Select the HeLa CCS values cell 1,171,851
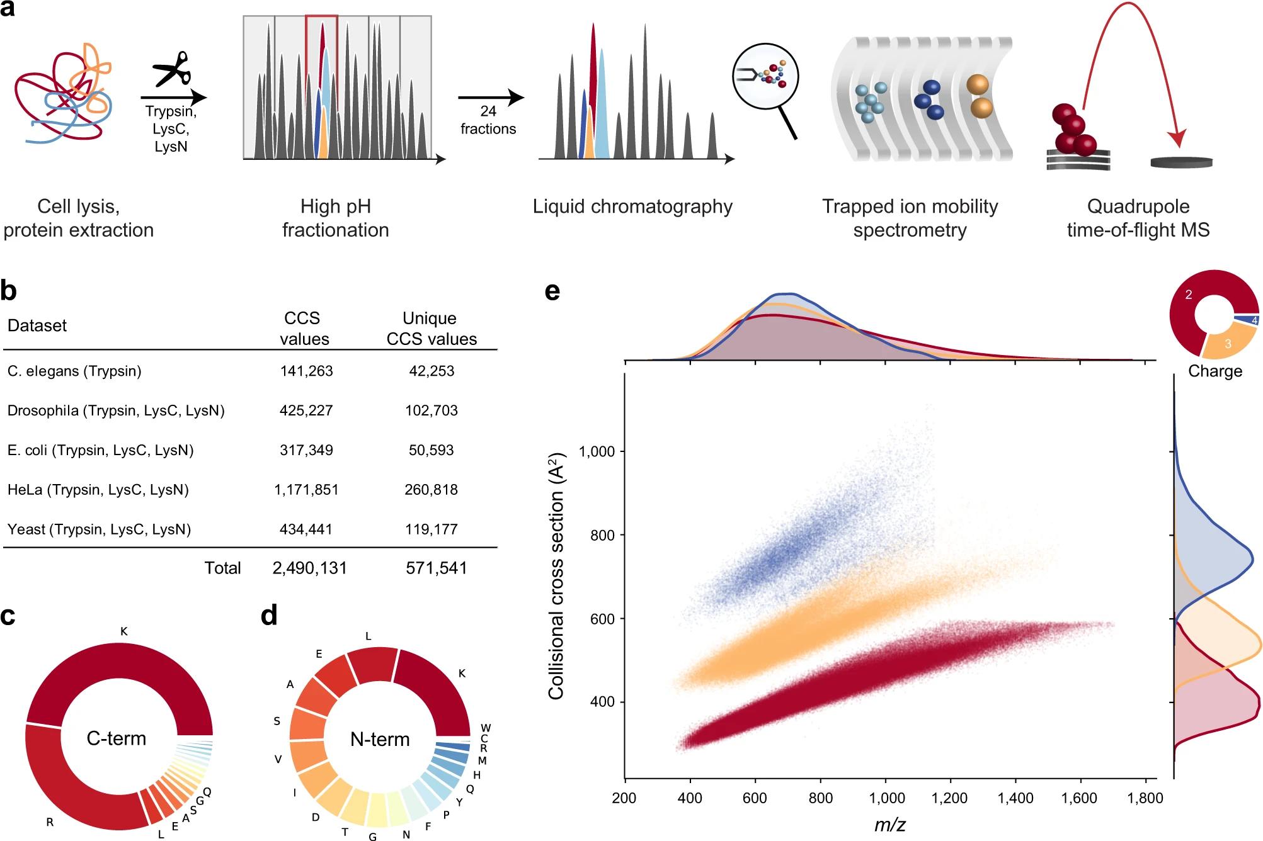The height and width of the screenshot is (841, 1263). coord(306,490)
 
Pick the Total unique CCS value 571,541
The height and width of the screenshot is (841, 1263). coord(436,568)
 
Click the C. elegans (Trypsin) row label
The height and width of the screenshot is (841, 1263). coord(74,371)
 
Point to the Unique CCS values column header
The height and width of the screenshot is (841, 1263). coord(431,328)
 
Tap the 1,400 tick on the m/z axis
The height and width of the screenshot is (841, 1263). coord(1015,798)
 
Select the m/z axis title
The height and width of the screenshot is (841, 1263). coord(890,824)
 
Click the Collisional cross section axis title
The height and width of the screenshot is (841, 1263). coord(556,575)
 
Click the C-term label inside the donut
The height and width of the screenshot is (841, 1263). coord(117,738)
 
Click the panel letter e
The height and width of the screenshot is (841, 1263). coord(552,291)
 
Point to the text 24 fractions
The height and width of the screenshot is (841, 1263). coord(488,120)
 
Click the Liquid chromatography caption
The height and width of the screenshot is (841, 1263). coord(632,206)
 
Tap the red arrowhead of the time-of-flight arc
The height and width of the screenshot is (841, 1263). coord(1175,138)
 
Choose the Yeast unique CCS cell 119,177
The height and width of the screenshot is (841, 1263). coord(431,529)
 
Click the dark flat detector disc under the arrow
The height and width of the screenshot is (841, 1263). coord(1181,162)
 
